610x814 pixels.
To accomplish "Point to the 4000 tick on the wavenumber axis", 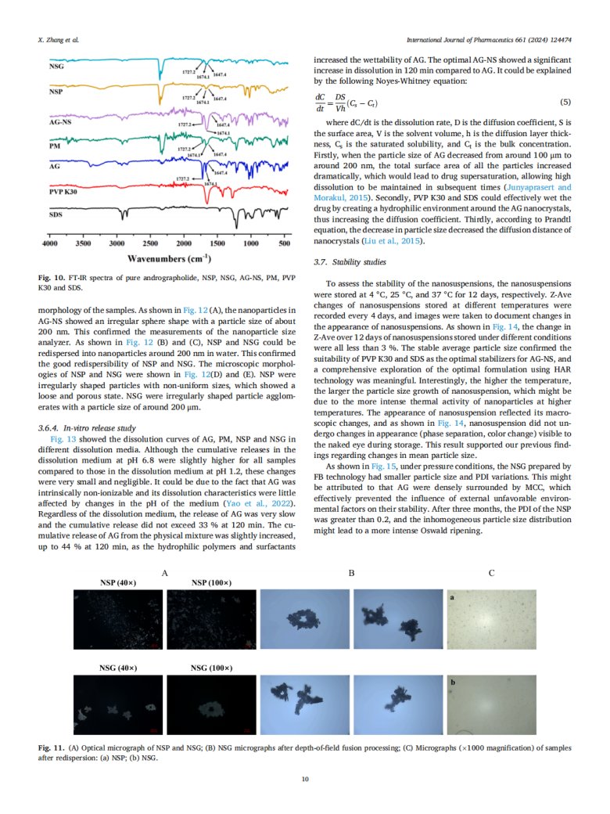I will tap(49, 244).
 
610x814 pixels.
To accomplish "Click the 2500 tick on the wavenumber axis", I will tap(150, 244).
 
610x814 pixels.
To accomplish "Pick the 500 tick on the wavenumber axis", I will tap(285, 244).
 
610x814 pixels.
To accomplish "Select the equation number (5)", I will tap(566, 103).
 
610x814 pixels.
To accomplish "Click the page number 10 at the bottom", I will tap(305, 778).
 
